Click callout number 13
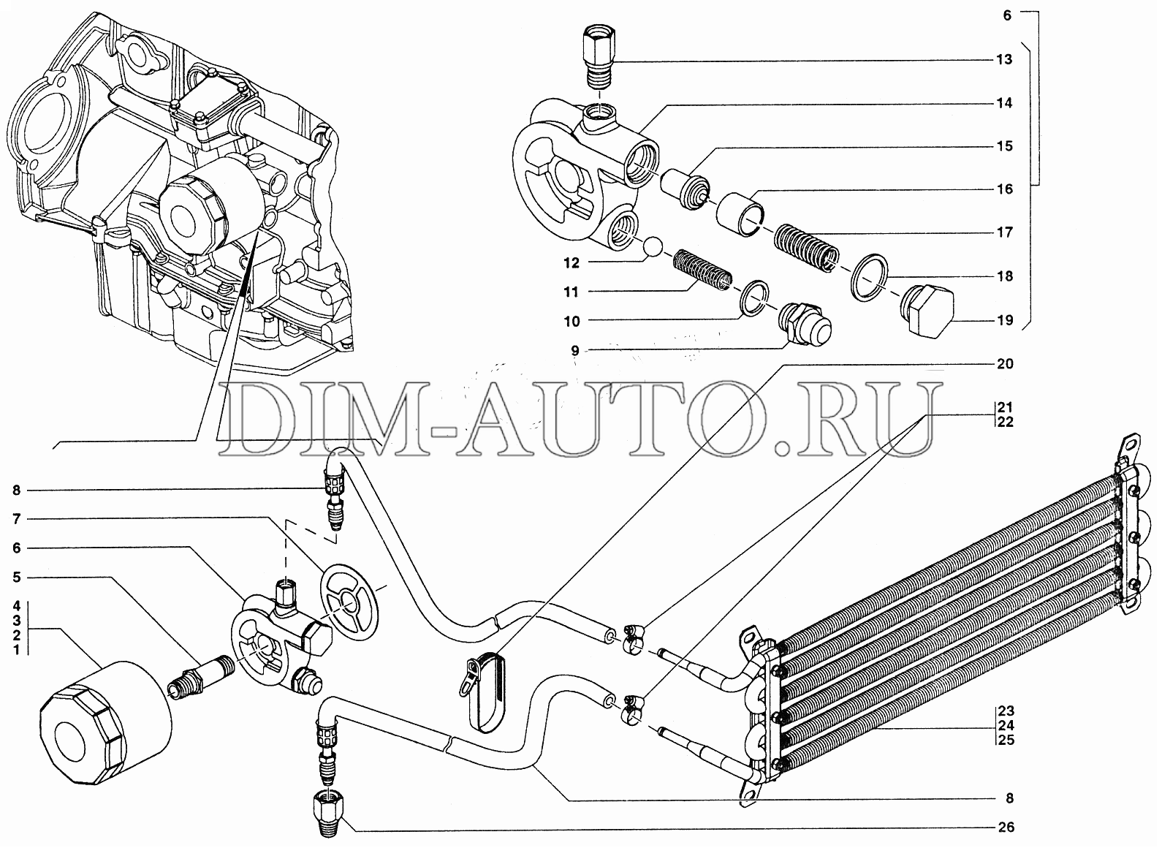click(x=1004, y=59)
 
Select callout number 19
click(x=1004, y=319)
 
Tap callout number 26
click(x=1006, y=828)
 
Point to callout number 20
click(x=1005, y=364)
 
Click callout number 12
click(x=571, y=262)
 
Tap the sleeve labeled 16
click(x=740, y=212)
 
